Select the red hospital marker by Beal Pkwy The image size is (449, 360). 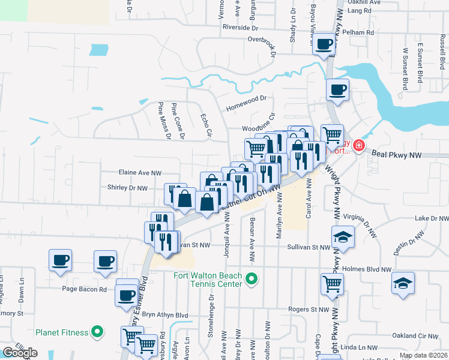[359, 145]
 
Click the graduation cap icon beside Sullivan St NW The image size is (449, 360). [343, 237]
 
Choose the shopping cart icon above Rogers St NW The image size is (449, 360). [332, 284]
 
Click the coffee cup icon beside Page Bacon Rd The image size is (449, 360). [127, 295]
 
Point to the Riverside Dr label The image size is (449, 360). [240, 28]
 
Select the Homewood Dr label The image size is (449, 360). [246, 108]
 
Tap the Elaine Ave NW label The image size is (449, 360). [140, 173]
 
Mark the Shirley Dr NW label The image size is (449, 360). [127, 188]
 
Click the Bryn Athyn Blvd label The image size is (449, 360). [165, 315]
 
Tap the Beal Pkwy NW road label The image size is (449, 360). [398, 155]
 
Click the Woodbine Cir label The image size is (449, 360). [258, 128]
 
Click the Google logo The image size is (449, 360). [20, 353]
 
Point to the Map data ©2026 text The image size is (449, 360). [423, 355]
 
